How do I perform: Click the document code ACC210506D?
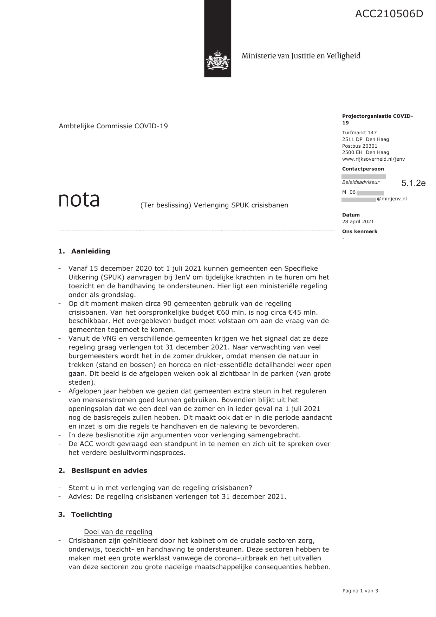click(x=389, y=14)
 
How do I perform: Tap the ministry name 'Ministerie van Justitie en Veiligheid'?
click(x=301, y=56)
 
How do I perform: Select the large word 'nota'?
click(x=79, y=200)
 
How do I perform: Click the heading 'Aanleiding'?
click(x=91, y=251)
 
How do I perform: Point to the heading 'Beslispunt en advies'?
click(x=109, y=470)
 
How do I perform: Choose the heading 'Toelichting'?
click(x=91, y=514)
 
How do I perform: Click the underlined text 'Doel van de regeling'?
click(x=118, y=532)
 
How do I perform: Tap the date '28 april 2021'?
click(x=358, y=221)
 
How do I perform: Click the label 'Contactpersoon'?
click(x=363, y=169)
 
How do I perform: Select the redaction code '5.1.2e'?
click(x=414, y=183)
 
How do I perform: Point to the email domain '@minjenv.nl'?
click(x=392, y=199)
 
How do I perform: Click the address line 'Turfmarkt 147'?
click(x=359, y=133)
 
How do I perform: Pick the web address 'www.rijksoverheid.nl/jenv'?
click(x=373, y=159)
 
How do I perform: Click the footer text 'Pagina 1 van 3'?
click(x=360, y=591)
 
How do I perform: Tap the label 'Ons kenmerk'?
click(x=360, y=231)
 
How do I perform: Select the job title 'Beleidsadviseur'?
click(x=361, y=182)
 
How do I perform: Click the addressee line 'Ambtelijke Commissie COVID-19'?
click(x=113, y=126)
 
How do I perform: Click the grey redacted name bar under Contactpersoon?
click(x=364, y=176)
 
